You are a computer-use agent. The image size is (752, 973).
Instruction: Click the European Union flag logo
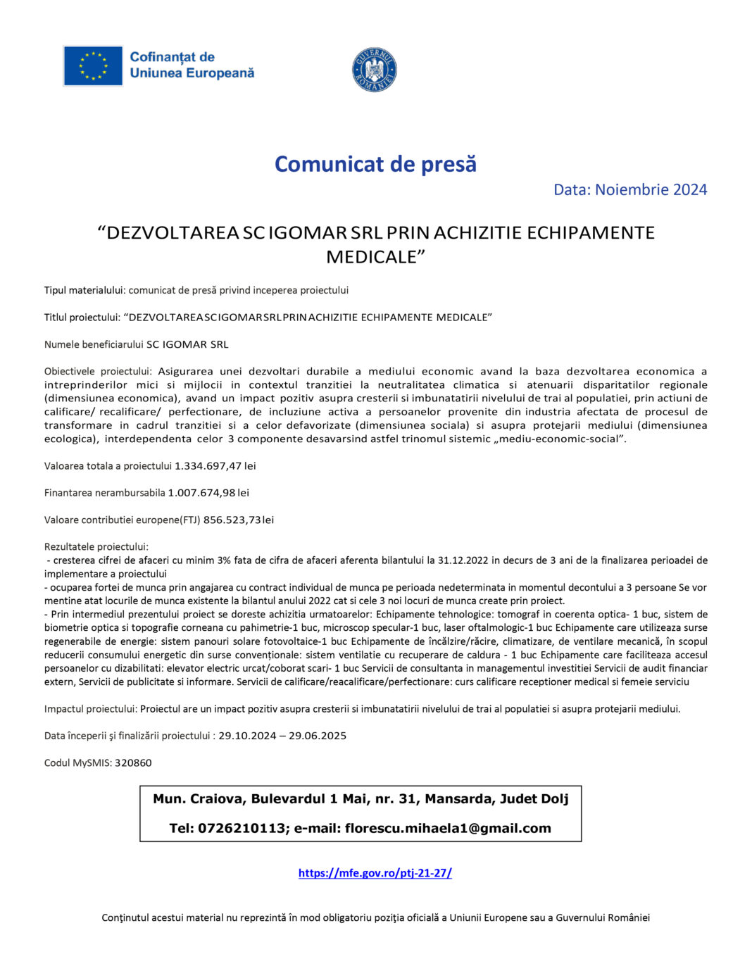point(93,65)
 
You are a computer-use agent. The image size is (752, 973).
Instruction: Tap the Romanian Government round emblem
point(374,70)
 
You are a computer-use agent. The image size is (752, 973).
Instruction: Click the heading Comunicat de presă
point(375,164)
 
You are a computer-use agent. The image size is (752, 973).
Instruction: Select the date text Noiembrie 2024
point(651,189)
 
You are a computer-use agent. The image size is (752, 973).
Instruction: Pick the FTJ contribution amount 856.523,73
point(232,520)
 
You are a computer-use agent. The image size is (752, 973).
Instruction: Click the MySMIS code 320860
point(133,763)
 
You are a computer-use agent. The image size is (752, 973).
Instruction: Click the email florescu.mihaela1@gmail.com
point(448,829)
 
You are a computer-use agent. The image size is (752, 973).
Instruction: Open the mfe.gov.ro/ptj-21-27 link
point(375,873)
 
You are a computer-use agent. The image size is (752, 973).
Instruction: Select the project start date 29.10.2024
point(247,736)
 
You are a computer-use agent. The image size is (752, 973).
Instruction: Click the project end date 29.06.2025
point(318,736)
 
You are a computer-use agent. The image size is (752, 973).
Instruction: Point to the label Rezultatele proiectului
point(96,547)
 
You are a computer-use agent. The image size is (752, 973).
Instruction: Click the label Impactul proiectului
point(91,710)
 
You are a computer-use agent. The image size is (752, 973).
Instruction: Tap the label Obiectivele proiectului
point(98,372)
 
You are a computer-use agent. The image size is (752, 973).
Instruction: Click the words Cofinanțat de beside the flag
point(172,57)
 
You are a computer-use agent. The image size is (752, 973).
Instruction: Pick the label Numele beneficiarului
point(94,345)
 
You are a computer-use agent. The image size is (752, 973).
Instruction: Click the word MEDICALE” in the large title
point(375,257)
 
